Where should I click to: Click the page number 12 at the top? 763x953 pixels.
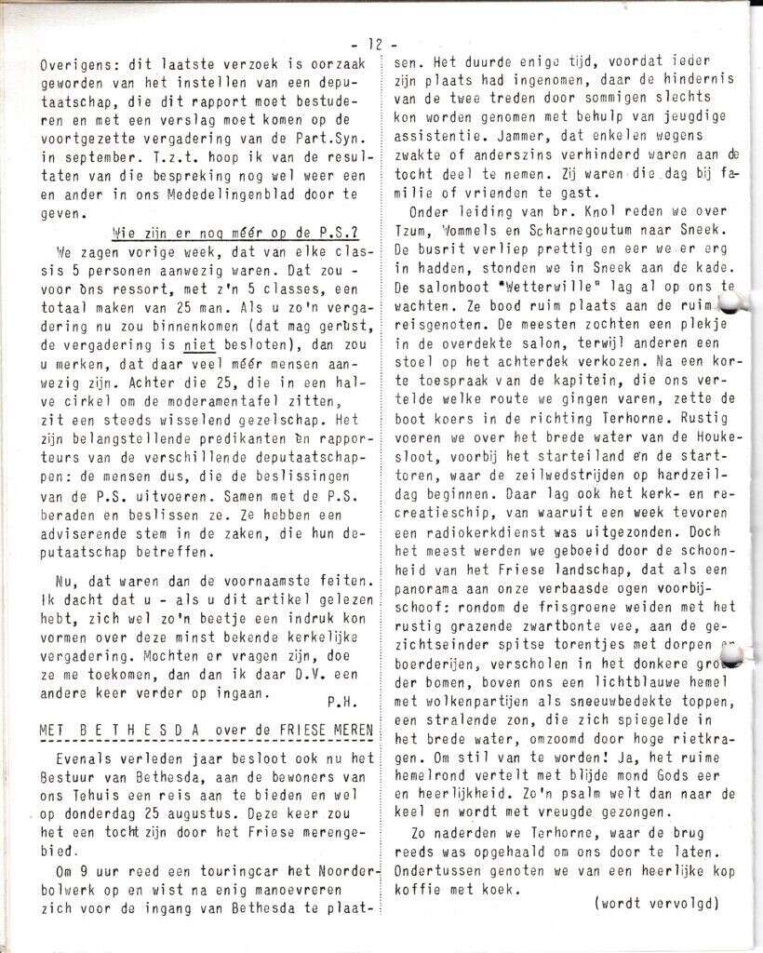tap(375, 44)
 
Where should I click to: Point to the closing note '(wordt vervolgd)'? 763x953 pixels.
tap(657, 902)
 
